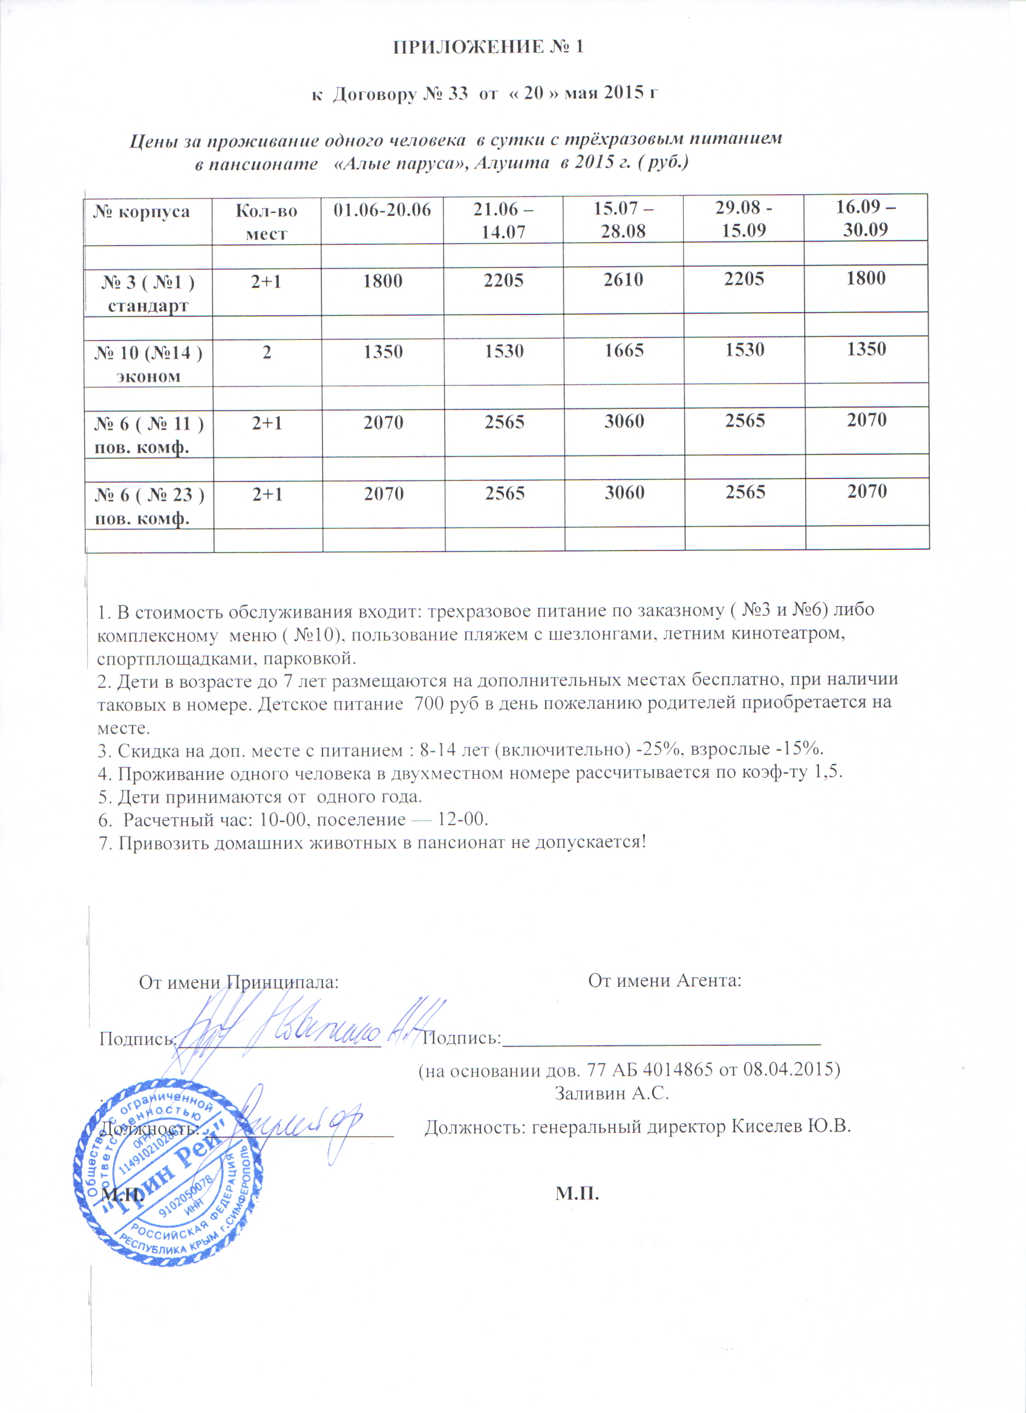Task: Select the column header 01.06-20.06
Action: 382,210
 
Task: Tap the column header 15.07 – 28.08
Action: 625,220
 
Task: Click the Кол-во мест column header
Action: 267,222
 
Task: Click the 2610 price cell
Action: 624,279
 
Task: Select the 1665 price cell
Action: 624,351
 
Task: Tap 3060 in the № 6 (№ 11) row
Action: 624,422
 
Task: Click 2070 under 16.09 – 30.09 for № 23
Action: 866,492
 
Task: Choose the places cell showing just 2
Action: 267,351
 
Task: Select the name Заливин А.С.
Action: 611,1094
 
